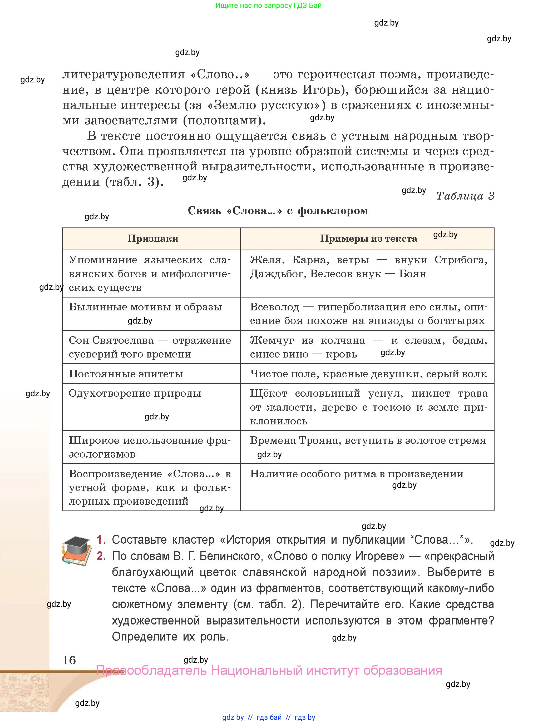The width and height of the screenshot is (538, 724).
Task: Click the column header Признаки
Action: coord(153,239)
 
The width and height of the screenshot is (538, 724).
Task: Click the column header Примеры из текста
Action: coord(368,239)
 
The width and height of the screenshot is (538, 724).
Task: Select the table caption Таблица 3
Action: coord(465,196)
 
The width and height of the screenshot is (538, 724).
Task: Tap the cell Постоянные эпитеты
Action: coord(126,374)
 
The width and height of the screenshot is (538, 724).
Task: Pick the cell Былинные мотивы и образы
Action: coord(145,307)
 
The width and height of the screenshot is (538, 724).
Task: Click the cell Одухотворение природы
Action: coord(135,393)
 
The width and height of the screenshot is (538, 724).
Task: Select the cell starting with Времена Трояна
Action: coord(368,440)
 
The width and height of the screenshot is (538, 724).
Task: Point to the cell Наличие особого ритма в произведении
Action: coord(356,474)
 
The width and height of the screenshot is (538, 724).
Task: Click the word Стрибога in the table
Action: coord(461,260)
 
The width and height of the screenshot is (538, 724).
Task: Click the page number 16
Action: coord(69,660)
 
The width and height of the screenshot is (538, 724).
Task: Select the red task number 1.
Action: coord(101,540)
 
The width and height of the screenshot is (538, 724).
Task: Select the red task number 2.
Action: coord(101,556)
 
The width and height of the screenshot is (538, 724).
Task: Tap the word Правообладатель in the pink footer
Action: coord(151,671)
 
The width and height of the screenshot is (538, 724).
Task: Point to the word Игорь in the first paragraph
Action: coord(320,90)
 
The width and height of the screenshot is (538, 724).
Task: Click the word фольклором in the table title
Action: coord(333,211)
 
